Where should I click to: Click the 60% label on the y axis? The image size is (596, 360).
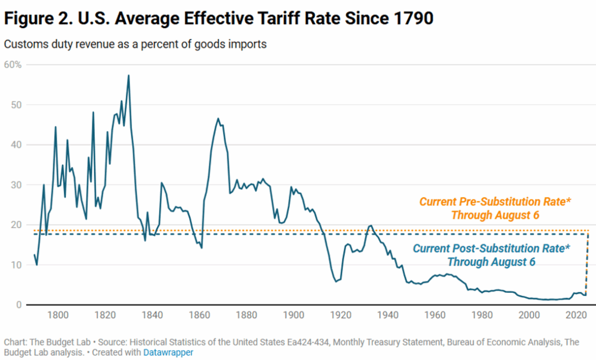[13, 65]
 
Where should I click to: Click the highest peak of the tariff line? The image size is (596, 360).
[128, 75]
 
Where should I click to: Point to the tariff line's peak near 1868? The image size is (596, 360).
[218, 119]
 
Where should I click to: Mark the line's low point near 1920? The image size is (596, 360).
[336, 281]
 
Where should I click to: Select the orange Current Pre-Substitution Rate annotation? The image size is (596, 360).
[496, 208]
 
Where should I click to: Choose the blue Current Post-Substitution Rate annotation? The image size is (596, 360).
[491, 255]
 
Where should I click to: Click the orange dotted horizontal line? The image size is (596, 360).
[271, 230]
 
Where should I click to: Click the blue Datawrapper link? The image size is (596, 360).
[168, 352]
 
